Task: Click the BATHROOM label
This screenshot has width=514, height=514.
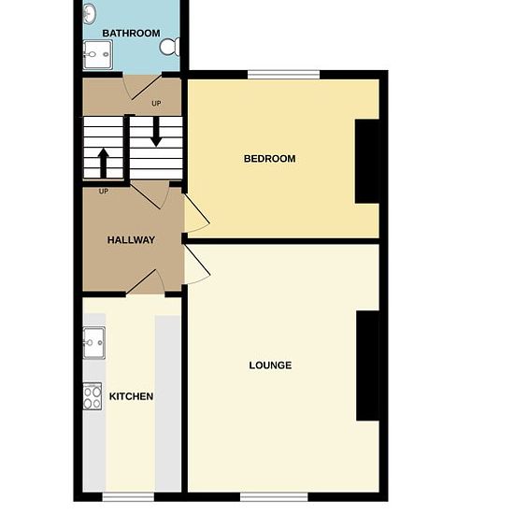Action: tap(131, 33)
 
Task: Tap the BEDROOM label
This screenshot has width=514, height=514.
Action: tap(269, 159)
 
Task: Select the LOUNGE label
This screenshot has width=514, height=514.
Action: tap(270, 365)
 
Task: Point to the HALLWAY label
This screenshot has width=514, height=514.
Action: tap(131, 240)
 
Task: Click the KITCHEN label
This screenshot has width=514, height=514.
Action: tap(131, 396)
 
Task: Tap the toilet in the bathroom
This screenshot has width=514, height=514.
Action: tap(170, 47)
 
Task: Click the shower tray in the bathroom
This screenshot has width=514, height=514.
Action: tap(98, 55)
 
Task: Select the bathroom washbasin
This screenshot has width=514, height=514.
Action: tap(89, 13)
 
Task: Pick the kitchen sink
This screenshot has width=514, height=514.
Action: tap(94, 343)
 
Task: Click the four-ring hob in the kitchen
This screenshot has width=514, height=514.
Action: tap(93, 396)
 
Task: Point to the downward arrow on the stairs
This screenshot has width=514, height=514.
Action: tap(156, 132)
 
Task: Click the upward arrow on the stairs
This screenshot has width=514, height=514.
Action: tap(104, 164)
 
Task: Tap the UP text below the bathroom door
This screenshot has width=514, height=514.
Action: tap(156, 103)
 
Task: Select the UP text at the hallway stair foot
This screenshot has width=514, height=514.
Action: tap(104, 191)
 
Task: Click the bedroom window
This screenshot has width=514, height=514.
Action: tap(283, 75)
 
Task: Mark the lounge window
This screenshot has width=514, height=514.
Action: tap(274, 497)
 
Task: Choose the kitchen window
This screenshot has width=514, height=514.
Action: tap(128, 497)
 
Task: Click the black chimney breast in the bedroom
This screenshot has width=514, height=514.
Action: tap(367, 162)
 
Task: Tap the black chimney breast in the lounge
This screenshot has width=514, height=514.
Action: tap(368, 365)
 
